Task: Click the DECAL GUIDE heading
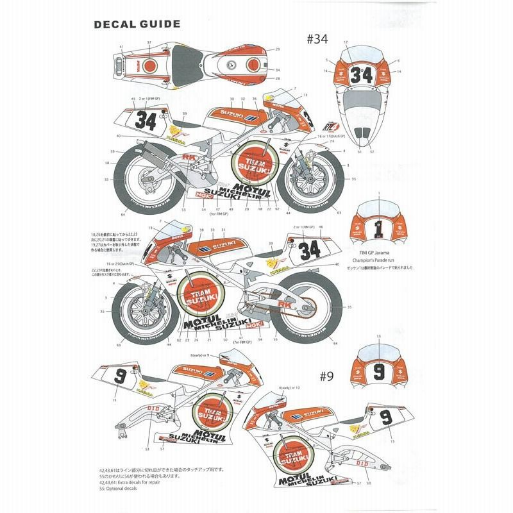tap(137, 25)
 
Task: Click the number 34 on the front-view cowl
tap(362, 74)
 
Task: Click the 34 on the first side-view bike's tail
tap(146, 120)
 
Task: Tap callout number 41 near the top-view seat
tap(121, 47)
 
